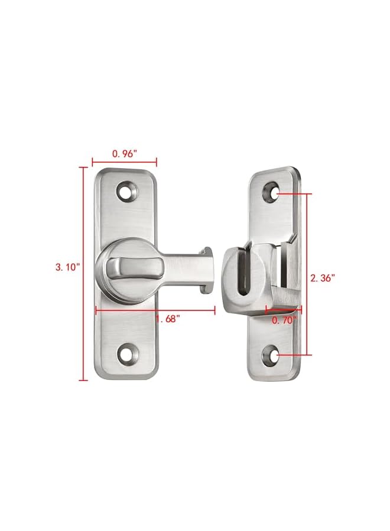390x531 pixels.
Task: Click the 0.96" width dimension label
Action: point(125,153)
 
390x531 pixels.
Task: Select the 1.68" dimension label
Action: point(168,319)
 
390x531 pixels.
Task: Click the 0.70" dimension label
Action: point(284,320)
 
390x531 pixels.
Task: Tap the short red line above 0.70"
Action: point(284,308)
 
